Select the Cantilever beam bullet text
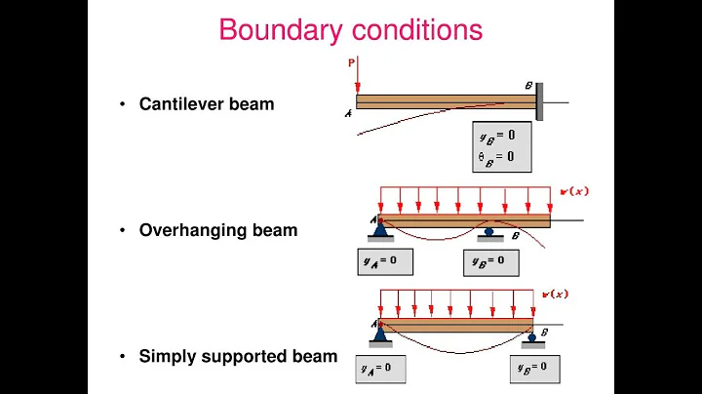click(x=207, y=103)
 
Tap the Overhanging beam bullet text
click(x=217, y=231)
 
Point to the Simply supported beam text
click(x=238, y=356)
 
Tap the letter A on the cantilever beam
click(x=347, y=114)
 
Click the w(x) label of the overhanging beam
click(x=575, y=190)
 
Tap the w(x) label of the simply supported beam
click(x=559, y=294)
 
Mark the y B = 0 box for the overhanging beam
click(x=490, y=262)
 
